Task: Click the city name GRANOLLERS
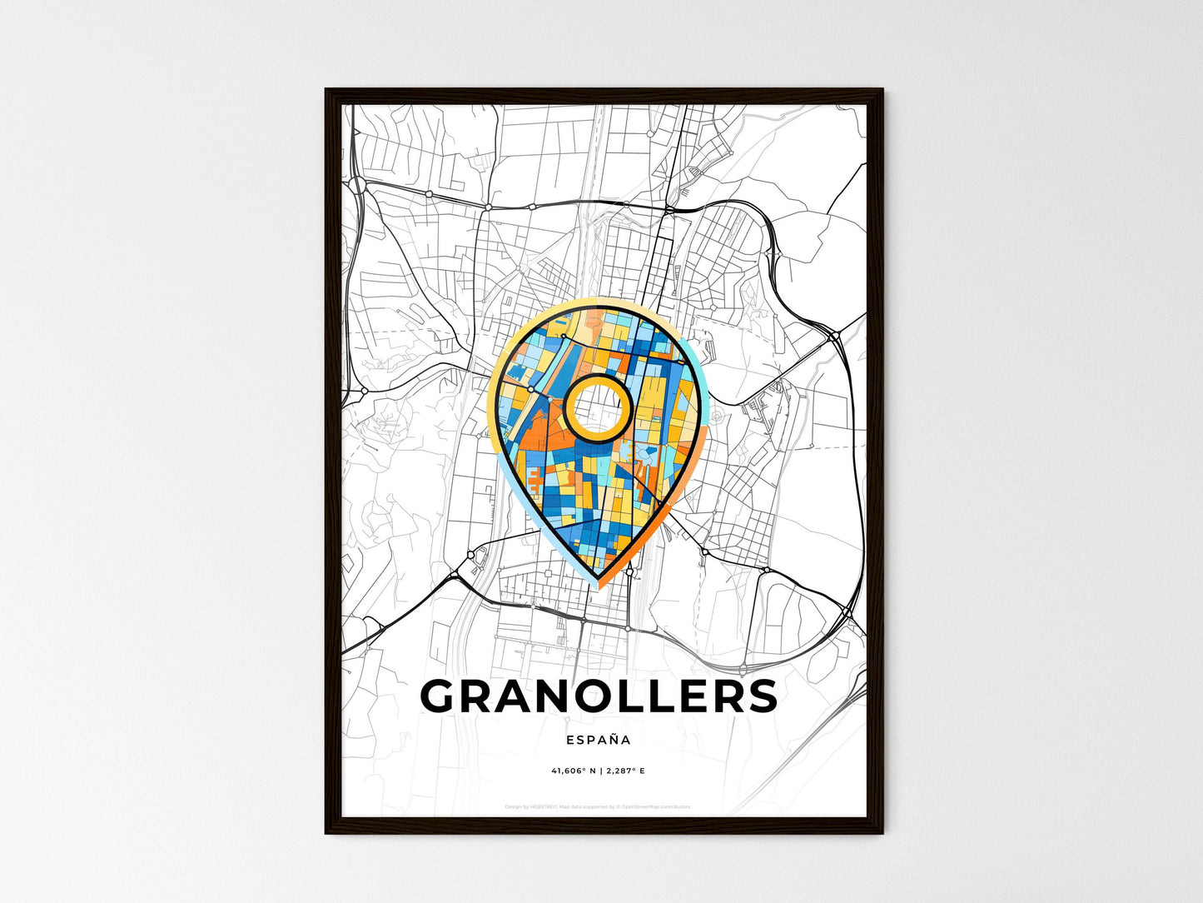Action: pyautogui.click(x=599, y=696)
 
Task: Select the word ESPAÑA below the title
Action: pyautogui.click(x=599, y=740)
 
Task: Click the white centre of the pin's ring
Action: pyautogui.click(x=597, y=407)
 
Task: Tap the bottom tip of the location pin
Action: pyautogui.click(x=598, y=576)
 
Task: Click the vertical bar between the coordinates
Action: pyautogui.click(x=599, y=771)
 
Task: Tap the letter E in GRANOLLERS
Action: pyautogui.click(x=688, y=696)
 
